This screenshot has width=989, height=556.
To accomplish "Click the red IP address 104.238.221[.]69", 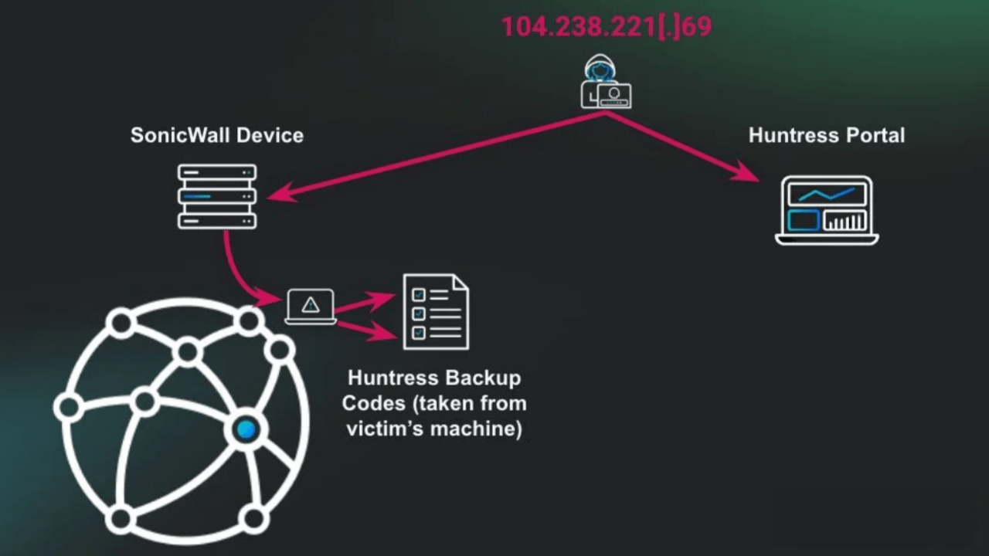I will click(607, 26).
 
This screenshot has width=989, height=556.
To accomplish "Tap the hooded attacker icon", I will click(605, 82).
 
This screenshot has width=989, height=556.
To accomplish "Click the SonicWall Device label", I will click(217, 135).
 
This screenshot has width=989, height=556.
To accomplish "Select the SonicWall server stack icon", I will click(217, 196).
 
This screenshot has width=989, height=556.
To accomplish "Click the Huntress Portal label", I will click(826, 135).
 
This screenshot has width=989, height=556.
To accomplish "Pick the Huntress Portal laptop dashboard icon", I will click(827, 210).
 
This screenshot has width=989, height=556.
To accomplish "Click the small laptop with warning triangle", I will click(311, 307).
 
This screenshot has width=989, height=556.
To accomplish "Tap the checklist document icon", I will click(436, 312).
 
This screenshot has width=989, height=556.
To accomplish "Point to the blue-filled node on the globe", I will click(246, 429).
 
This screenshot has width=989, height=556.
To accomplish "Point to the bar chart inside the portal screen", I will click(845, 221).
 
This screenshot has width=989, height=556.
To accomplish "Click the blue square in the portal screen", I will click(803, 221).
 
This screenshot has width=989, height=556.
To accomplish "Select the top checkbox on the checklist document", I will click(419, 294).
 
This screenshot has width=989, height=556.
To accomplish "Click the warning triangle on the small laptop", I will click(311, 305).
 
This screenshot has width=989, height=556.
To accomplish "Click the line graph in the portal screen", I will click(827, 194).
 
